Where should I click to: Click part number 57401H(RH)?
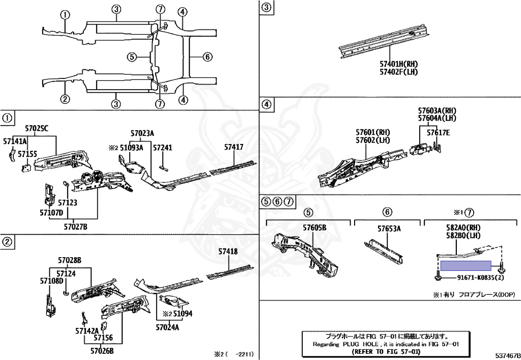pos(398,64)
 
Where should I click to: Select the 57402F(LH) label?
pos(398,72)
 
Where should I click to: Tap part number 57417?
pos(234,147)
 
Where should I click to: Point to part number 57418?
pos(228,251)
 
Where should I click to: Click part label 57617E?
pos(438,133)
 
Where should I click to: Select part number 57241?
pos(163,147)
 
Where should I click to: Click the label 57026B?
pos(102,350)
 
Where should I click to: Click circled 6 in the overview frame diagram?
pos(207,57)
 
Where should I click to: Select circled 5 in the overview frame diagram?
pos(131,57)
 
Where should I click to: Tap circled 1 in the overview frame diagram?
pos(65,15)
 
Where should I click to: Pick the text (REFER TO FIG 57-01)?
pos(386,351)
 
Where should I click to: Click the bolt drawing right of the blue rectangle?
pos(502,265)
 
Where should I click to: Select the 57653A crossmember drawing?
pos(384,249)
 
